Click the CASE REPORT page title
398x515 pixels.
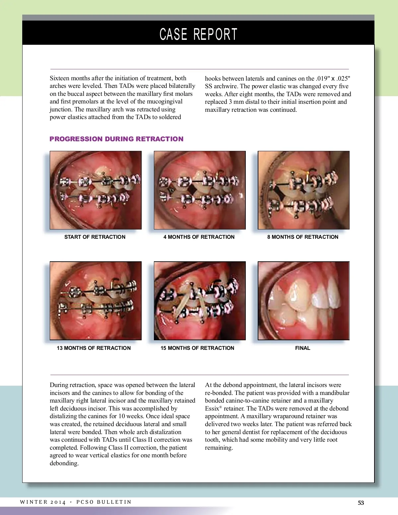198,34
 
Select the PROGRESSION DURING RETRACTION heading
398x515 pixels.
116,139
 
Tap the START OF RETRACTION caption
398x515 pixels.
95,237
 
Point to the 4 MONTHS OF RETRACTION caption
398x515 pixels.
199,237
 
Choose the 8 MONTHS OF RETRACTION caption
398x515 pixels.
303,237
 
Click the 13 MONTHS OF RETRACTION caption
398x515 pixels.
94,348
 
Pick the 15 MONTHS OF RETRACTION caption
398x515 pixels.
197,348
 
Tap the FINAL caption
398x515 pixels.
303,348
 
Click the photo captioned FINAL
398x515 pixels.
303,301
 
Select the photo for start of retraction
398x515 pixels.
96,190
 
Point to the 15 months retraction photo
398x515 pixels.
200,301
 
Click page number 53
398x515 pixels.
361,503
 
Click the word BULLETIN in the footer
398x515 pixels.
114,502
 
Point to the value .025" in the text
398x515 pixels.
343,79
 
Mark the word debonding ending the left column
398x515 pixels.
64,463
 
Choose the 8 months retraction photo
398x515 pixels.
303,190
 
